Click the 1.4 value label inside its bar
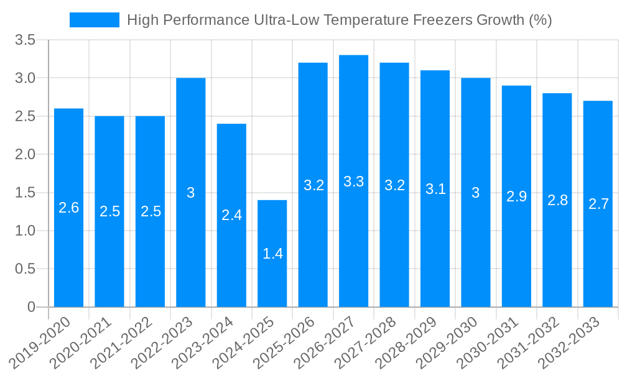point(272,254)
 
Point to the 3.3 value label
point(354,182)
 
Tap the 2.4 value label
point(231,215)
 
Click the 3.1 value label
point(435,189)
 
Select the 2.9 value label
point(516,196)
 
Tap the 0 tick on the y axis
point(32,307)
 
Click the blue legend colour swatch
point(94,20)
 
